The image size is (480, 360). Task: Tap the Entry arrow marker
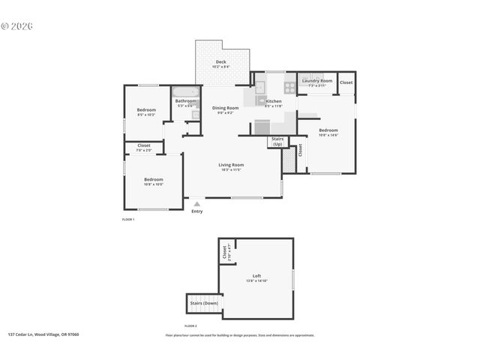tap(196, 203)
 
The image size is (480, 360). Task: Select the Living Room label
tap(231, 166)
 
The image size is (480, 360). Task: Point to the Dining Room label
tap(225, 109)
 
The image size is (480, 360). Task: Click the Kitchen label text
tap(274, 102)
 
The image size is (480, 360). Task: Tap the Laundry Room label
tap(316, 81)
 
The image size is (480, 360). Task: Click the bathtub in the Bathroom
tap(186, 92)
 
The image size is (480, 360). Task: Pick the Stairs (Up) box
tap(277, 141)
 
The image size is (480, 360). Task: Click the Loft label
tap(256, 277)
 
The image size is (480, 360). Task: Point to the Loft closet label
tap(225, 253)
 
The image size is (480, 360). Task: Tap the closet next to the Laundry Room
tap(346, 82)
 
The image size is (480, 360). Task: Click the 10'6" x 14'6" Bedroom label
tap(328, 132)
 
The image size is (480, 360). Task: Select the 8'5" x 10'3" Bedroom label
tap(146, 112)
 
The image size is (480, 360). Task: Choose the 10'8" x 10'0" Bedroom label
tap(153, 181)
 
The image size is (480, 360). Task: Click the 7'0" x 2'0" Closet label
tap(144, 147)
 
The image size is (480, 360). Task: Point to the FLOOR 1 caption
tap(127, 220)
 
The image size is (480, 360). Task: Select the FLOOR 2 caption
tap(190, 326)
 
